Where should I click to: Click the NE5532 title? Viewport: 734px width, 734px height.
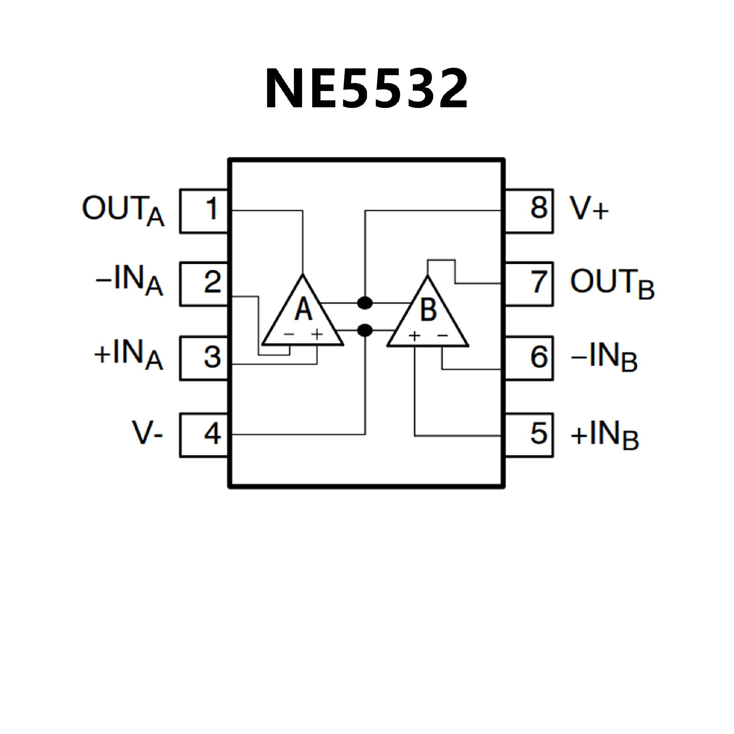click(366, 89)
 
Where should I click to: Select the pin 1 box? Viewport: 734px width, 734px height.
click(204, 211)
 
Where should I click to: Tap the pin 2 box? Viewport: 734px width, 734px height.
click(204, 284)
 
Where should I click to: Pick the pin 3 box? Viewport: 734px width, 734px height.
click(204, 358)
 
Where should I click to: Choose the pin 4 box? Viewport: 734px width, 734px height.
click(204, 435)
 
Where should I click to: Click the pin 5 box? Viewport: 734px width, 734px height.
click(529, 435)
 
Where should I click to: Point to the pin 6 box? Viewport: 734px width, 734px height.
click(529, 358)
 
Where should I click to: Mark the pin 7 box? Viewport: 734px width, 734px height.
click(529, 284)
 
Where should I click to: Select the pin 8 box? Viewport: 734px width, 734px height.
click(529, 211)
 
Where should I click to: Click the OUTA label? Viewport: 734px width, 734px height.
click(123, 211)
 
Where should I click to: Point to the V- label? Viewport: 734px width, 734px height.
click(148, 434)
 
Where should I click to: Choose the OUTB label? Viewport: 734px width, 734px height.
click(612, 283)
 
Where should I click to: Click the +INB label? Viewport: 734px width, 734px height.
click(604, 435)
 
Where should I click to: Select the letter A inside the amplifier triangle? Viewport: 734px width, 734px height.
click(304, 309)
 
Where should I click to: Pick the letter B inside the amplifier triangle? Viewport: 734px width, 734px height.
click(428, 309)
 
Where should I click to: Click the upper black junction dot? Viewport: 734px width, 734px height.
click(365, 303)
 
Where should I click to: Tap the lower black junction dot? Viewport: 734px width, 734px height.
click(365, 330)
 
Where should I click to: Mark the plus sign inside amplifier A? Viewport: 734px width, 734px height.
click(317, 335)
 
